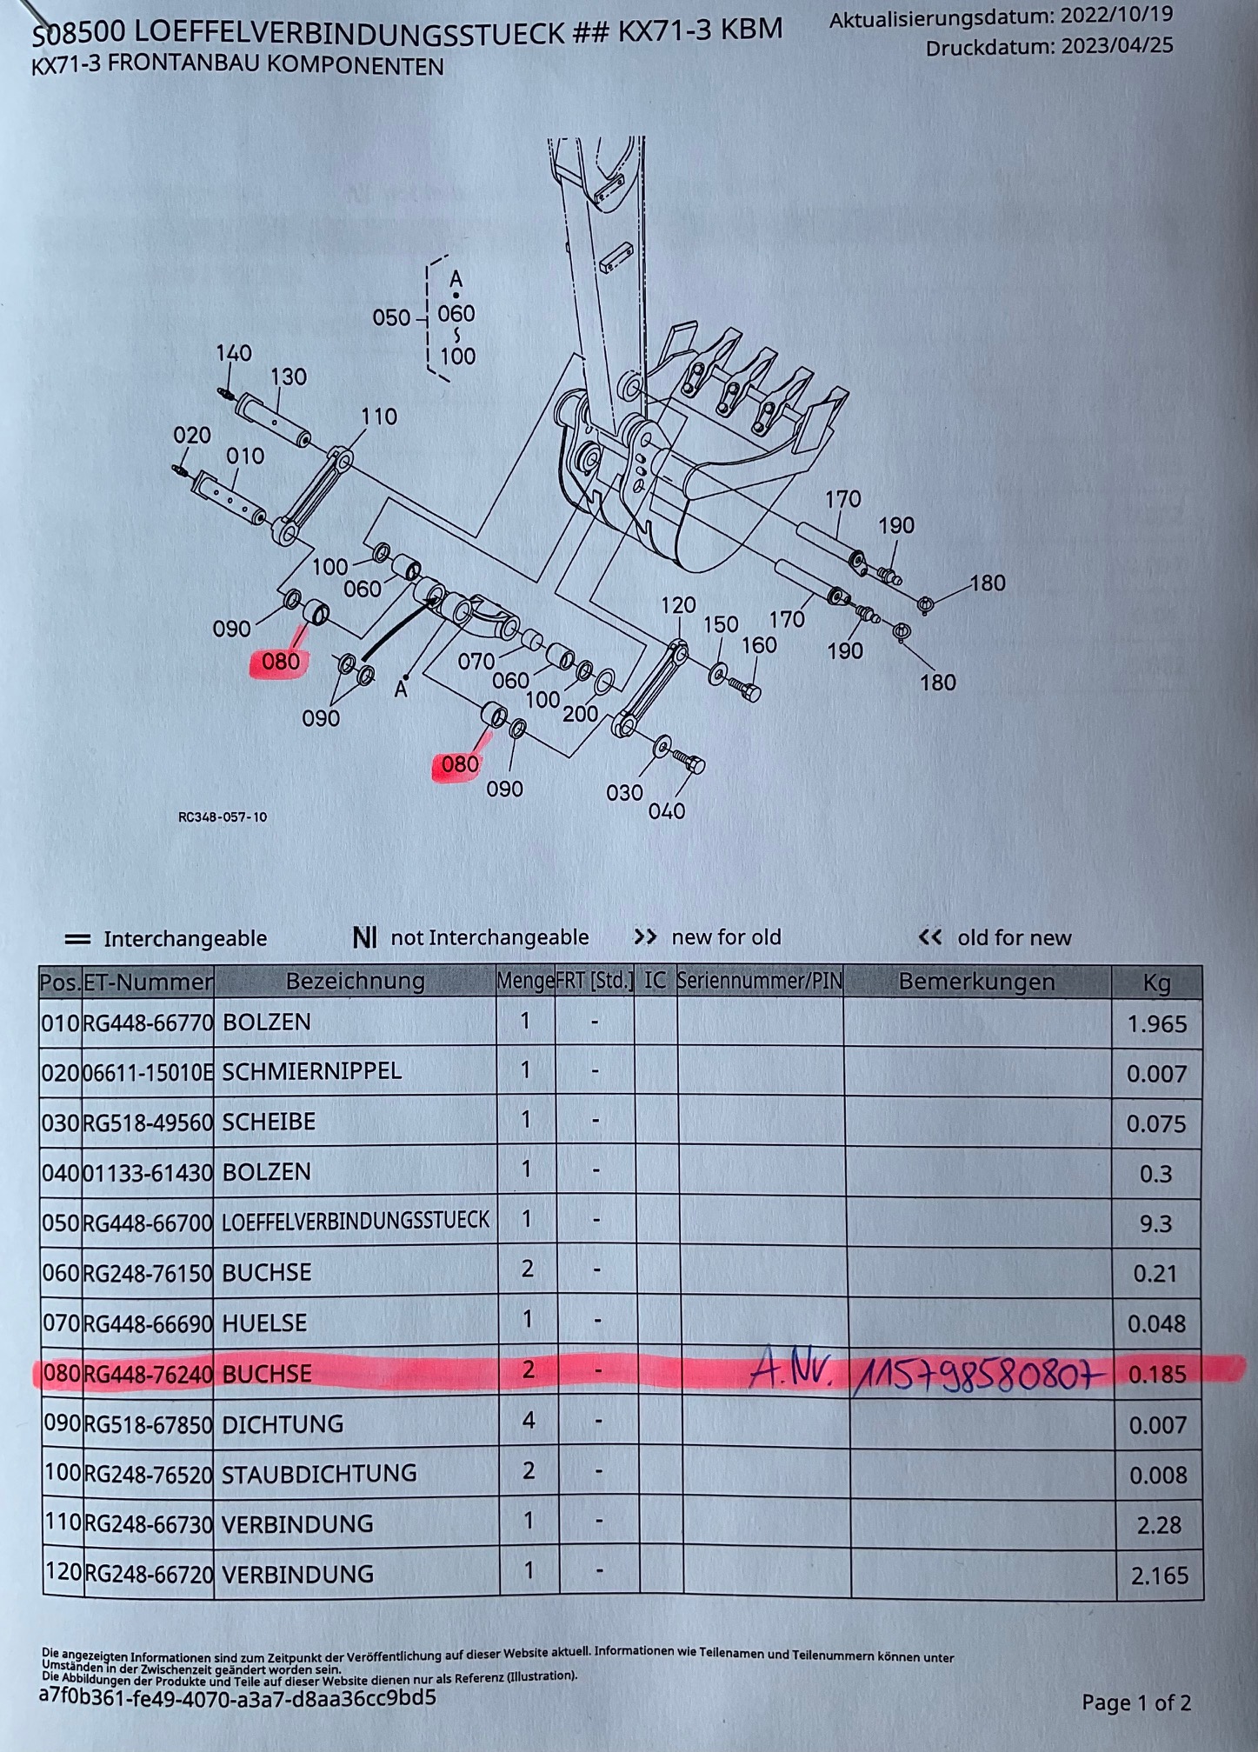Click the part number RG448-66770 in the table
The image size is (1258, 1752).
(x=148, y=1023)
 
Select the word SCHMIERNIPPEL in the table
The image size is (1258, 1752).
(x=311, y=1071)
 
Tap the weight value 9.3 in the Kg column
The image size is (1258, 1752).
(x=1155, y=1223)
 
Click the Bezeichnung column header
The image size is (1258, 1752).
(x=355, y=982)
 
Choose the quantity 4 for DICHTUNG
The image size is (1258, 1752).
(x=527, y=1421)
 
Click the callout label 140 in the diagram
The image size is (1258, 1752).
(x=234, y=353)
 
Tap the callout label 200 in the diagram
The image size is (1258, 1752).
(x=580, y=714)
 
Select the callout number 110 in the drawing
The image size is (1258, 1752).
(x=379, y=416)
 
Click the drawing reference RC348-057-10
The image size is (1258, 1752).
(x=223, y=817)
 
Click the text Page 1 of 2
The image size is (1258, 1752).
(x=1135, y=1702)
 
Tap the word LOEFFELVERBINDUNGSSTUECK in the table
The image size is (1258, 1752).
(x=356, y=1221)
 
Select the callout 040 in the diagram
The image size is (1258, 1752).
(x=667, y=811)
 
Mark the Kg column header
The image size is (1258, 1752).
(x=1155, y=983)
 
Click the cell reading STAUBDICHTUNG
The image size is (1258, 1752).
(x=319, y=1474)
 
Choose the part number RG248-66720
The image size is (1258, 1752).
(x=150, y=1574)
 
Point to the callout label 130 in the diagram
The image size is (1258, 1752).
(x=288, y=376)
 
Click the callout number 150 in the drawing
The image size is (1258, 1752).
(x=721, y=624)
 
